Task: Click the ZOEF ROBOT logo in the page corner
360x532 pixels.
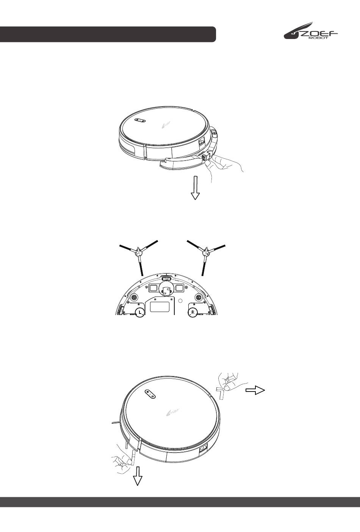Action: tap(311, 31)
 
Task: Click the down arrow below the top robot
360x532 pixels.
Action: tap(195, 188)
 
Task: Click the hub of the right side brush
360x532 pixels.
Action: tap(205, 254)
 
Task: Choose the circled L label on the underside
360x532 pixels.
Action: tap(139, 312)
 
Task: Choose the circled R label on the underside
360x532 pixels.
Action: tap(193, 312)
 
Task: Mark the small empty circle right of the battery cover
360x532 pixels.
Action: tap(180, 301)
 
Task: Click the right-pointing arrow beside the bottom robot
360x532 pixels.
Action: tap(255, 390)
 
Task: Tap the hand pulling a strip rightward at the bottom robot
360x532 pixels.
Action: tap(232, 382)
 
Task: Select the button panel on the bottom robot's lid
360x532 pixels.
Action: tap(150, 394)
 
